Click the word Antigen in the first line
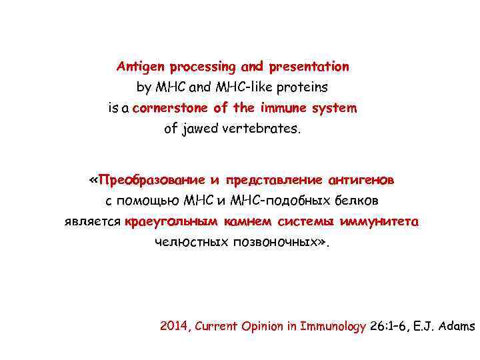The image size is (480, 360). [141, 67]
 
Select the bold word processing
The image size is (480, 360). [202, 67]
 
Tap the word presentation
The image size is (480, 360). [309, 67]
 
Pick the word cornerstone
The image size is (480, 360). [171, 108]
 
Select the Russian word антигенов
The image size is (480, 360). [360, 181]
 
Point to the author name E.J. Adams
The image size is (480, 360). [449, 327]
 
